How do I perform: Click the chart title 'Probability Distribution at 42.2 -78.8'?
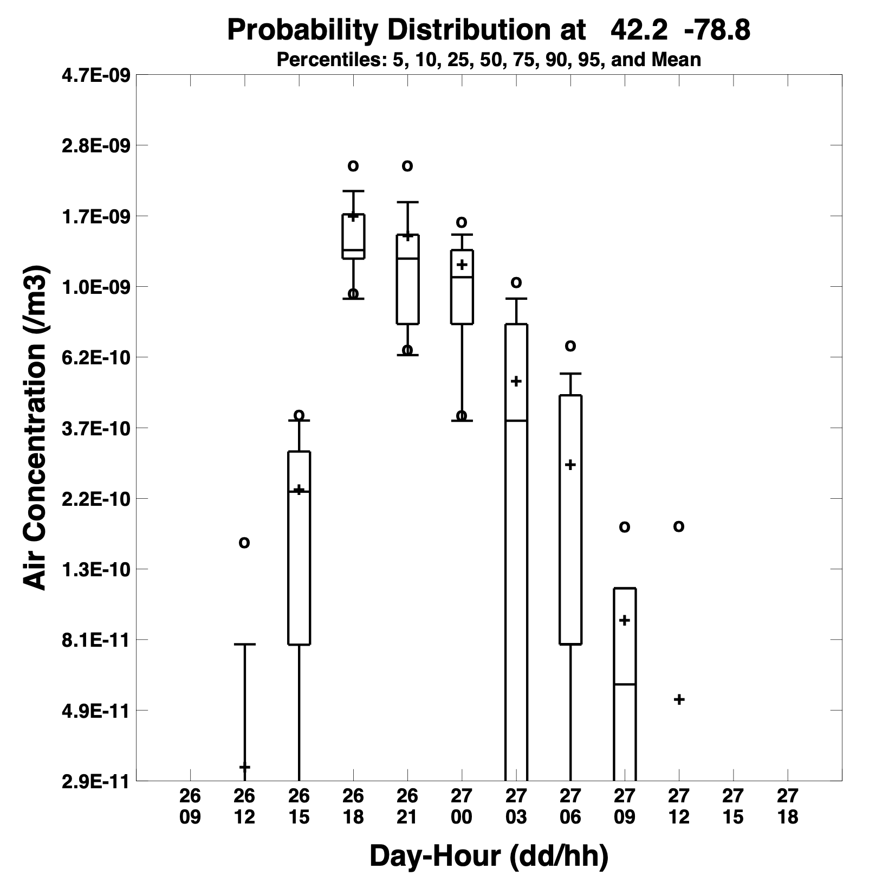488,30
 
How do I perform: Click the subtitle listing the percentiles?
488,59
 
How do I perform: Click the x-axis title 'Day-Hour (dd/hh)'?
489,856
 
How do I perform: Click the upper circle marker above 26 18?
353,165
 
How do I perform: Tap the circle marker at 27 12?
679,526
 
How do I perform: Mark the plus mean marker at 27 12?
679,699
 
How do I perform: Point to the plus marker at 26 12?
244,767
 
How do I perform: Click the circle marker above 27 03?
516,282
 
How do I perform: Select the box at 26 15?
299,548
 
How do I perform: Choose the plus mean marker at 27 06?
570,465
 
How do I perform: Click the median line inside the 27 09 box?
625,684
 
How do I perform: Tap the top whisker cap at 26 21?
407,202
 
